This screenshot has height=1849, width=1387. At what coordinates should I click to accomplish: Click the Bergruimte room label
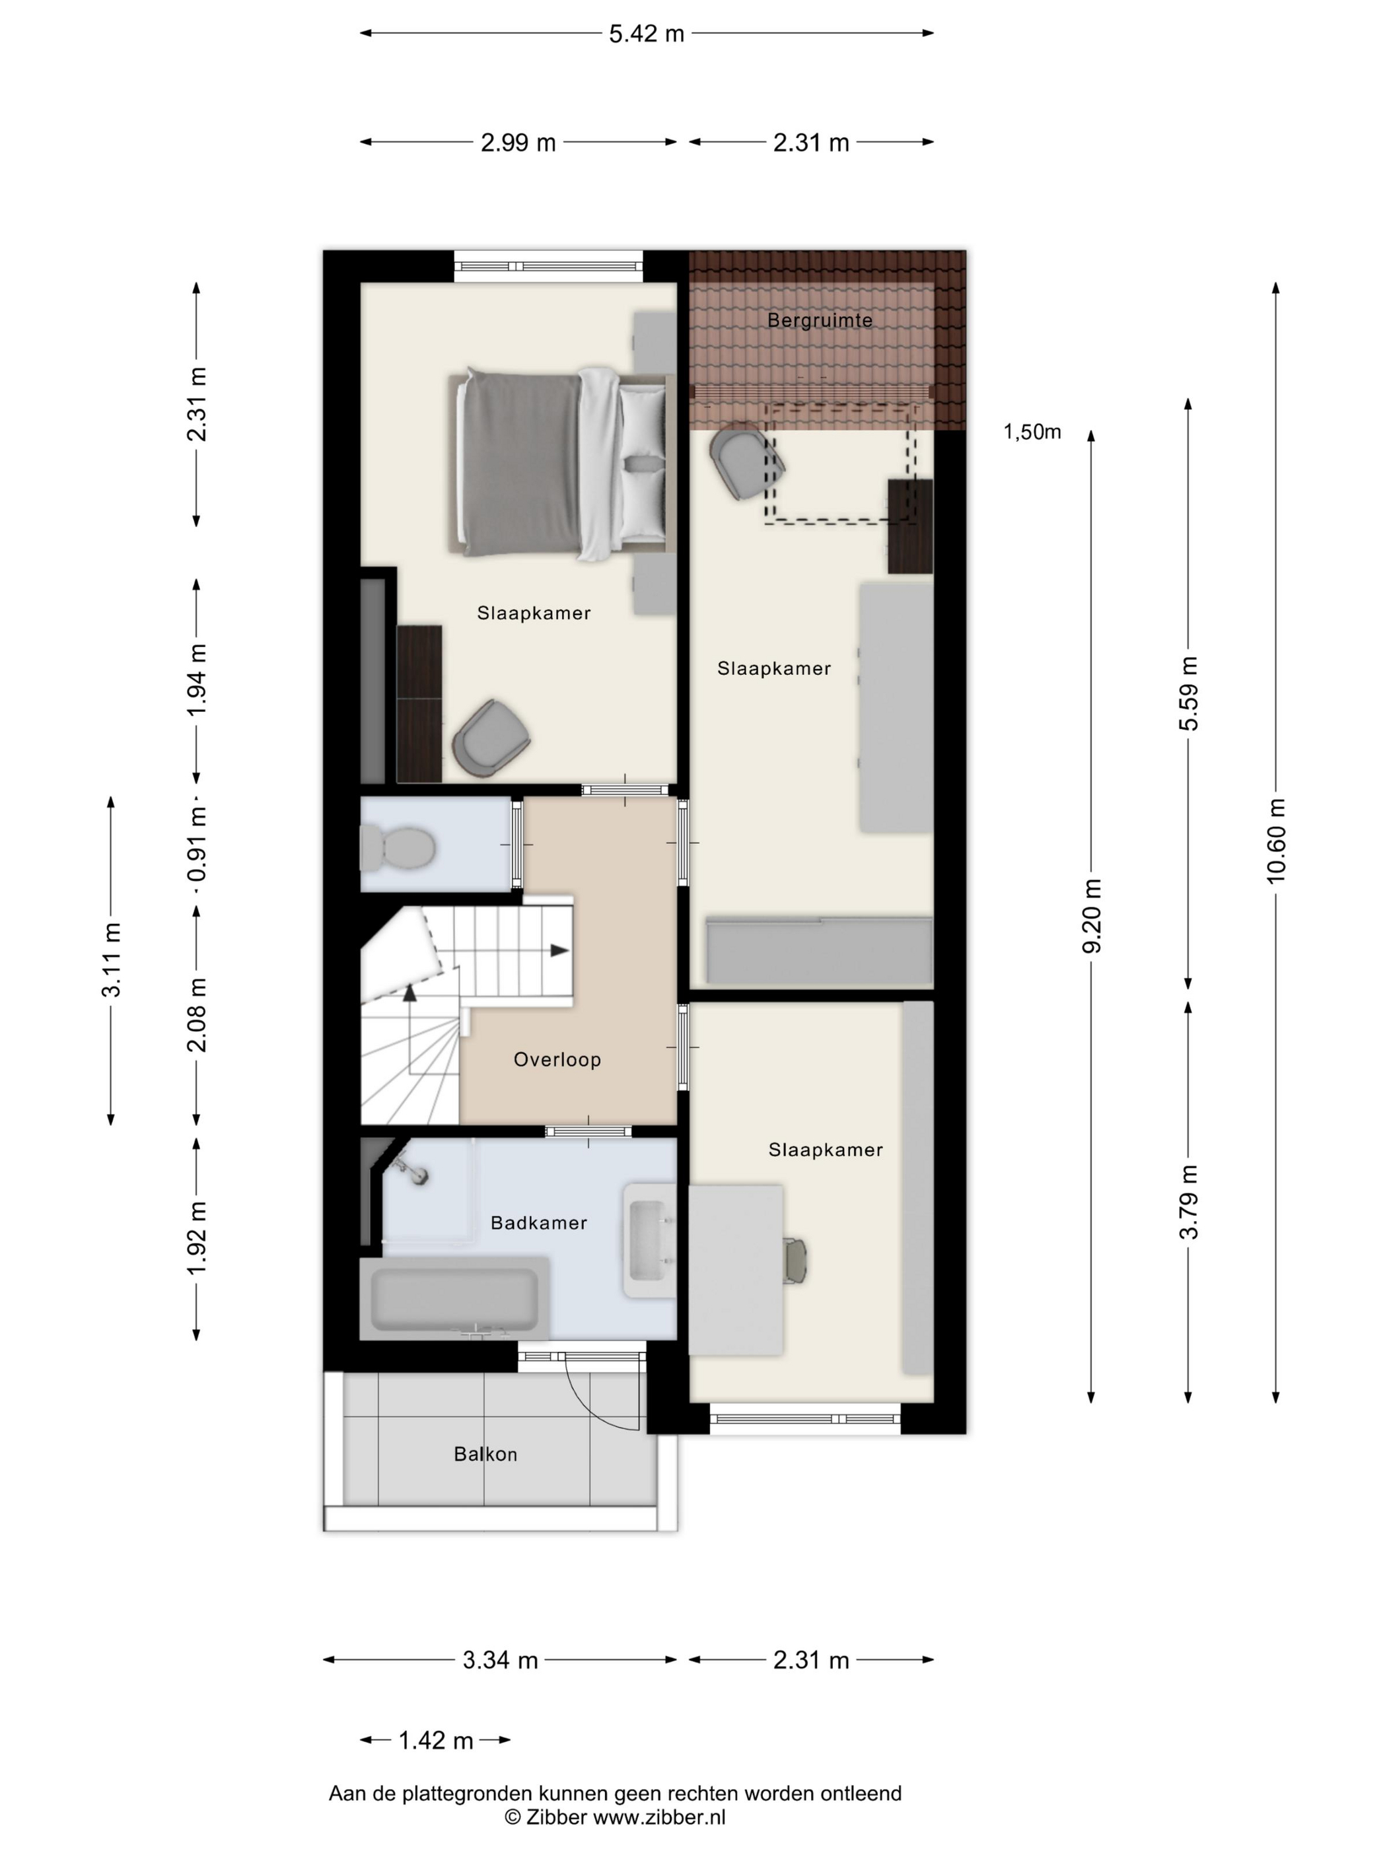820,320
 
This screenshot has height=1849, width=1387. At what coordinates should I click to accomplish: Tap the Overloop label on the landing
557,1060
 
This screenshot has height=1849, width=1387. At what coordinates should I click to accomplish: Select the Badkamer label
538,1223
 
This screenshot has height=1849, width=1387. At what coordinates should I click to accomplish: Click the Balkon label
485,1455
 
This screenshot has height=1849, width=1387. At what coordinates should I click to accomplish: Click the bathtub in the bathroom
454,1298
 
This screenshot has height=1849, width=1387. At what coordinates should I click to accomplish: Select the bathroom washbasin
650,1240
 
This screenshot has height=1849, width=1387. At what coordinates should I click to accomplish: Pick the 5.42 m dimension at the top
646,34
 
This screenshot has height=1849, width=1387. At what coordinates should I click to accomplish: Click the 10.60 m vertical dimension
1276,840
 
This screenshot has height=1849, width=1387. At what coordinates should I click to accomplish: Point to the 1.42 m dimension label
435,1740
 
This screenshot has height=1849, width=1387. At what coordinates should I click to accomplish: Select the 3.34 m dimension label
500,1659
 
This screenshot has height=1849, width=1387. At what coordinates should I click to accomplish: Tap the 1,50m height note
1032,431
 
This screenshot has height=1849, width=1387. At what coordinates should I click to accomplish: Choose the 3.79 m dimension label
1188,1202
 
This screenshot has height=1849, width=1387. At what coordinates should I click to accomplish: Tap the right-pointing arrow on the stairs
559,950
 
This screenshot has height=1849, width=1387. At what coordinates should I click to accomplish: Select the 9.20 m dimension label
1091,915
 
